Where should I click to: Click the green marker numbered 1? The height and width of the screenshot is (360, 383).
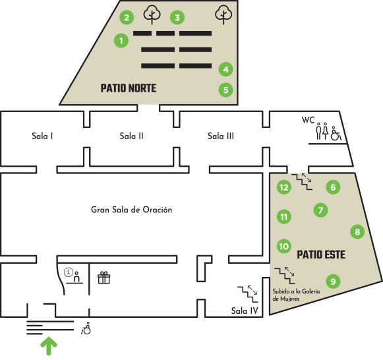click(121, 40)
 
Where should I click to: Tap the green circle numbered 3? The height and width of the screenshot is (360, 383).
click(177, 17)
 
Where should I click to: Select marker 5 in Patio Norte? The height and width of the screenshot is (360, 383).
click(225, 90)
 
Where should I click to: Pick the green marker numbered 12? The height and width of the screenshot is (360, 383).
click(284, 187)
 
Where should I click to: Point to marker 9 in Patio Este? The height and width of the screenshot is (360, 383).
click(333, 282)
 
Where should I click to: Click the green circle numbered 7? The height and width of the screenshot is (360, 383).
click(320, 210)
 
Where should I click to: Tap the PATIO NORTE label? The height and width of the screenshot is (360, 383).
click(129, 88)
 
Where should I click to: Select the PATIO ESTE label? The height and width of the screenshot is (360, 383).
click(321, 255)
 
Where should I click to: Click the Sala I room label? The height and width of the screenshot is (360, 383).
click(42, 136)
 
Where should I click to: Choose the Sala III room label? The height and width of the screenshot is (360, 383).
click(221, 136)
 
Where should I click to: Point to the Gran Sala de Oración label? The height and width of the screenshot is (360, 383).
click(131, 210)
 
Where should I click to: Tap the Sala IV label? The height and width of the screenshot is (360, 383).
click(245, 311)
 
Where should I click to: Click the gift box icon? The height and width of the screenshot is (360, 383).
click(103, 278)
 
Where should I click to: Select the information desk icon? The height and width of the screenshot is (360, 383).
click(73, 276)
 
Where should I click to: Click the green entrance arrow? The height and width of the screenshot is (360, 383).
click(49, 345)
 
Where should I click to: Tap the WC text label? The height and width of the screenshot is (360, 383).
click(308, 120)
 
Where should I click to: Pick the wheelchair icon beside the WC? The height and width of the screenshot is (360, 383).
click(336, 133)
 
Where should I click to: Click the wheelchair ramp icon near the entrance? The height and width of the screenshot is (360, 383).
click(86, 328)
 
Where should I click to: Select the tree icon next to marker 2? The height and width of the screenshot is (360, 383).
click(152, 15)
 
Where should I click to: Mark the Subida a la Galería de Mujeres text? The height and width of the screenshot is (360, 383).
click(296, 295)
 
